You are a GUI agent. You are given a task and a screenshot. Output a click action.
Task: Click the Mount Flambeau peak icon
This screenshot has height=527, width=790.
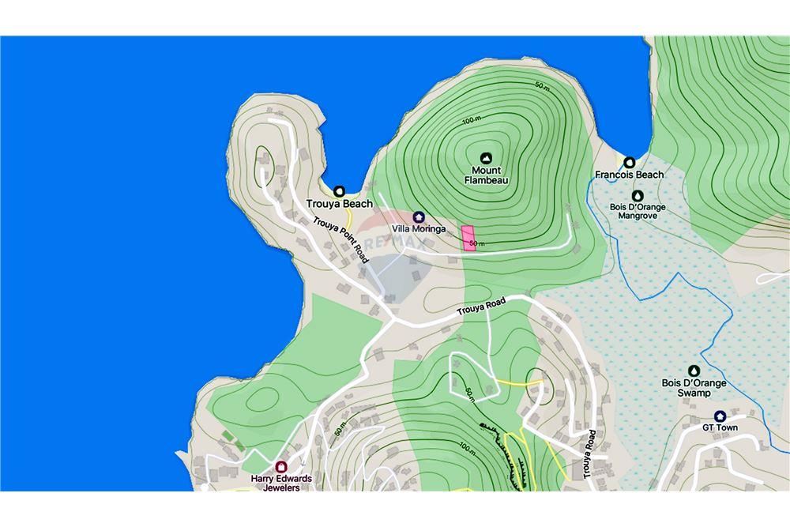coord(486,157)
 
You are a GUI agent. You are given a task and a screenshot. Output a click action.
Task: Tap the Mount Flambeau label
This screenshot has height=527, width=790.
coord(486,175)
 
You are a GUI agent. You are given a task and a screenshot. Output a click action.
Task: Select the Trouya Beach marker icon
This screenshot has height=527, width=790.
coord(340,190)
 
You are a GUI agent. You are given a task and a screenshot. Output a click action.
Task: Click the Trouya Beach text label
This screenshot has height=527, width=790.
coord(340,204)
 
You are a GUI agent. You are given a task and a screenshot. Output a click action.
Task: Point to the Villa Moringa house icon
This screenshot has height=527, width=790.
coord(419,216)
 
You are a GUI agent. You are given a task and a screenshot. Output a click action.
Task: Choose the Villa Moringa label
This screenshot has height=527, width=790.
coord(419,229)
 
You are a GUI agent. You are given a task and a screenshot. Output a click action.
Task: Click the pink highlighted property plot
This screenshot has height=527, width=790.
coord(468,237)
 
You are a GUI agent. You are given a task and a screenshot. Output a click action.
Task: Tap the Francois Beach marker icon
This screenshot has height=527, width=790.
coord(630,162)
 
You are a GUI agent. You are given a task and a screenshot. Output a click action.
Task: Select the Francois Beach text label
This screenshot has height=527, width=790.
coord(630,175)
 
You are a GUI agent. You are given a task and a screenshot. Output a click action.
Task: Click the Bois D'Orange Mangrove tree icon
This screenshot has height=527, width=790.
coord(638,195)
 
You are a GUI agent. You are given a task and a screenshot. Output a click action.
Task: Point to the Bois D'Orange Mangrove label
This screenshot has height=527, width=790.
coord(638,211)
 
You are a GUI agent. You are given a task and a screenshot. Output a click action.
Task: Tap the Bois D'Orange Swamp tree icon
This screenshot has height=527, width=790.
coord(694,371)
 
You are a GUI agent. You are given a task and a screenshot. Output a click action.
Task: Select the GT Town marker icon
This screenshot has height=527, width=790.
coord(720,416)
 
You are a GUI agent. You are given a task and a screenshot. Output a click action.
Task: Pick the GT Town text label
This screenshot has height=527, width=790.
coord(720,428)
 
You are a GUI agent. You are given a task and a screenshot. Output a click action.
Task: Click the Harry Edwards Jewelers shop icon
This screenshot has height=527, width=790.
coord(281,466)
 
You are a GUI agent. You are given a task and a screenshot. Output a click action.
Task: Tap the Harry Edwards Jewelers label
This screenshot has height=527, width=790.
coord(281,483)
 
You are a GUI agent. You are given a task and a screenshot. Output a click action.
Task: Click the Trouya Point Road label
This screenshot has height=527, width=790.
coord(340,239)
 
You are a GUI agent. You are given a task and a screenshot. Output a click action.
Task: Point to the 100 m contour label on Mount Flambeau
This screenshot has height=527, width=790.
coord(472,119)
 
